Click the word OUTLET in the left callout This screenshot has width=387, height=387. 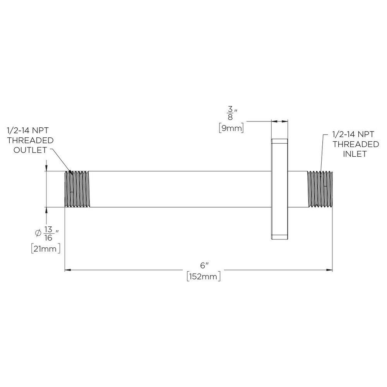pyautogui.click(x=30, y=150)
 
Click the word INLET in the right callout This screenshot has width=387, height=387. pyautogui.click(x=354, y=154)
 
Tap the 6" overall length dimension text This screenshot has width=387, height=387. pyautogui.click(x=204, y=265)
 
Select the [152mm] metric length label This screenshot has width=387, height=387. pyautogui.click(x=204, y=276)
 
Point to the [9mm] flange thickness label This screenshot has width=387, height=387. pyautogui.click(x=231, y=128)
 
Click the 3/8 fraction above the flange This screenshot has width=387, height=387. pyautogui.click(x=230, y=113)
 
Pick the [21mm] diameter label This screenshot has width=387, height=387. pyautogui.click(x=46, y=248)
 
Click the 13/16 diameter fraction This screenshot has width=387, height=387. pyautogui.click(x=48, y=233)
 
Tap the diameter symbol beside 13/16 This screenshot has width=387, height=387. pyautogui.click(x=38, y=233)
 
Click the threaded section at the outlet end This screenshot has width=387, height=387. pyautogui.click(x=77, y=189)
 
